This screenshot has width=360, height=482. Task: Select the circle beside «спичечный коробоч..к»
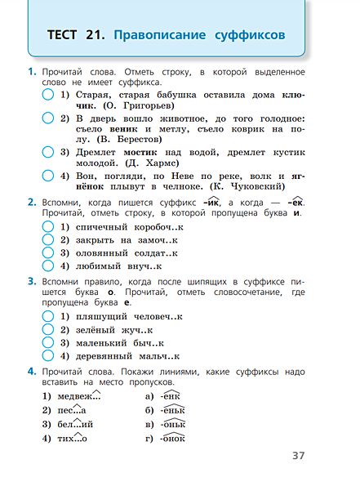click(x=47, y=225)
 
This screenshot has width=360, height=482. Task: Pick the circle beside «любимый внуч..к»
click(x=47, y=266)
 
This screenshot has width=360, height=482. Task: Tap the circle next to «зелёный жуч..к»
click(x=47, y=330)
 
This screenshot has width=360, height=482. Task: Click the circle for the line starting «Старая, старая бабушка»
click(x=47, y=96)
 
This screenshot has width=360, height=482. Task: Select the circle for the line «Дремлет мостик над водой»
click(x=47, y=152)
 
